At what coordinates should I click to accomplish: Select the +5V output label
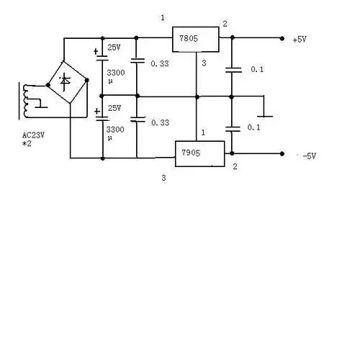click(300, 40)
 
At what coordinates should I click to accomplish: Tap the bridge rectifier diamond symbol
click(66, 85)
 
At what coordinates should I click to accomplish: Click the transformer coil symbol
click(29, 101)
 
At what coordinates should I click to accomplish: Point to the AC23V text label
click(34, 135)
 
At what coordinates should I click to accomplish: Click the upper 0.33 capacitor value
click(160, 63)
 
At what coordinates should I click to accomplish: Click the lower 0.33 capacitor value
click(160, 122)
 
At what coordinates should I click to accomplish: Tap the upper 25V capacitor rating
click(114, 48)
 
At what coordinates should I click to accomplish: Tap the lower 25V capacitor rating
click(114, 107)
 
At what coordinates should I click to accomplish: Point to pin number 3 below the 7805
click(204, 64)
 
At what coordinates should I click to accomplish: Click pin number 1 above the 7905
click(204, 132)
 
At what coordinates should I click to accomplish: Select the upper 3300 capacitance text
click(115, 73)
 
